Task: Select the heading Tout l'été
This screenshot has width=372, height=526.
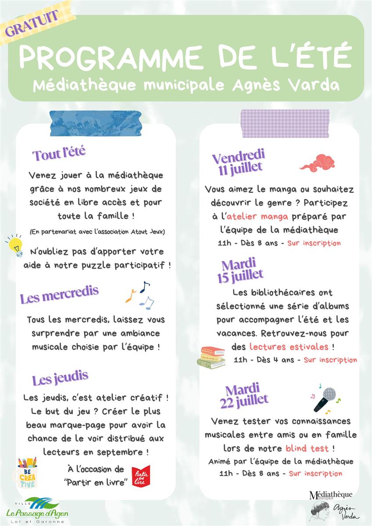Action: coord(59,154)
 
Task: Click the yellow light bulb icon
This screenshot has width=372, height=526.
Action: coord(15,245)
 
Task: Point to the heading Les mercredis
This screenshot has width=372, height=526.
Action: coord(59,295)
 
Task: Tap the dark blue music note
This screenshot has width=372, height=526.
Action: coord(144,286)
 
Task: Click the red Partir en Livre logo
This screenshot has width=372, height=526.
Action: coord(141,476)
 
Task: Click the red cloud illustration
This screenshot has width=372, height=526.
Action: coord(317,162)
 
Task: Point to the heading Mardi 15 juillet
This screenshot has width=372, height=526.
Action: coord(239,270)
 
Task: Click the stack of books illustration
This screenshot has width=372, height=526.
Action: coord(211,357)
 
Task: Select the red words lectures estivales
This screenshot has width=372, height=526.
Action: coord(289,347)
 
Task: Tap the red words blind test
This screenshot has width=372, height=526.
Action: coord(307,448)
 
